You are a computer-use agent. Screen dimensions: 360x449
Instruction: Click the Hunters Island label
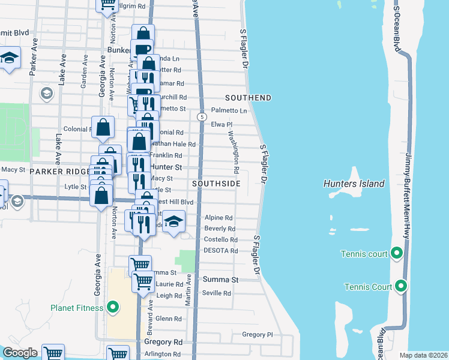coord(354,184)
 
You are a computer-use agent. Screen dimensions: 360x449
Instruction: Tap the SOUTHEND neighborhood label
coord(248,98)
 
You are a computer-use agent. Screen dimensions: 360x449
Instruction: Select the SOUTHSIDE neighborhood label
coord(216,184)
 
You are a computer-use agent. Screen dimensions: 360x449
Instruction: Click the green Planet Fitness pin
coord(112,308)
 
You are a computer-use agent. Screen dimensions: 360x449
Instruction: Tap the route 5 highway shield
coord(202,116)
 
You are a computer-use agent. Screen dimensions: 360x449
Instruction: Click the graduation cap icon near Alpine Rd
coord(173,223)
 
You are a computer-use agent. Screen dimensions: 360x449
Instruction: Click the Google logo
coord(20,353)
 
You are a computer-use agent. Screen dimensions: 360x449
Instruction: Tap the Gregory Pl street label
coord(257,334)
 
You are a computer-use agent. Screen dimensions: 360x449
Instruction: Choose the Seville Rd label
coord(217,293)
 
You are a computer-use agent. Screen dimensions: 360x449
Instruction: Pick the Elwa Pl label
coord(221,125)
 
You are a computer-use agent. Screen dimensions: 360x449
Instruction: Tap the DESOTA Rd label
coord(221,250)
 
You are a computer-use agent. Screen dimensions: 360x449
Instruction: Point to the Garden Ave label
coord(84,68)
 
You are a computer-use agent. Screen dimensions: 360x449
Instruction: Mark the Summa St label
coord(220,280)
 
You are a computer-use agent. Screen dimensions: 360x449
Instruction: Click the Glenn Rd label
coord(168,319)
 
